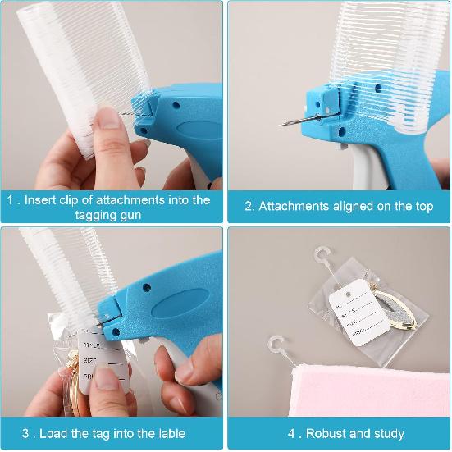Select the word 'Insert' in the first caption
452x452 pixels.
[43, 200]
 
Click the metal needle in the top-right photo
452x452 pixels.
[291, 121]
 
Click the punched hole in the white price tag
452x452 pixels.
[348, 291]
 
